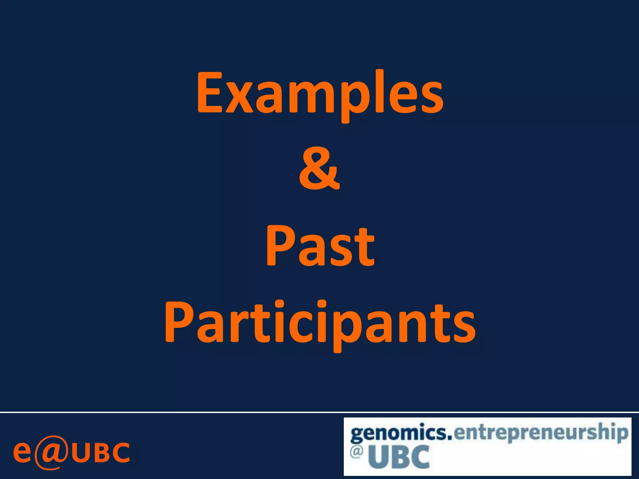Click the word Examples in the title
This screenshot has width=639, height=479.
[x=320, y=94]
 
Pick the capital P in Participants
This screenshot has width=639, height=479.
[x=178, y=321]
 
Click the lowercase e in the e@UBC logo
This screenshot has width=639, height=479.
[x=22, y=452]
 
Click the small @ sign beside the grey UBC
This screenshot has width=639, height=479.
[x=356, y=452]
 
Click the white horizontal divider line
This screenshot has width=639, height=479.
[x=319, y=412]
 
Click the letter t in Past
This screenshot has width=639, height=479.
[x=366, y=248]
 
